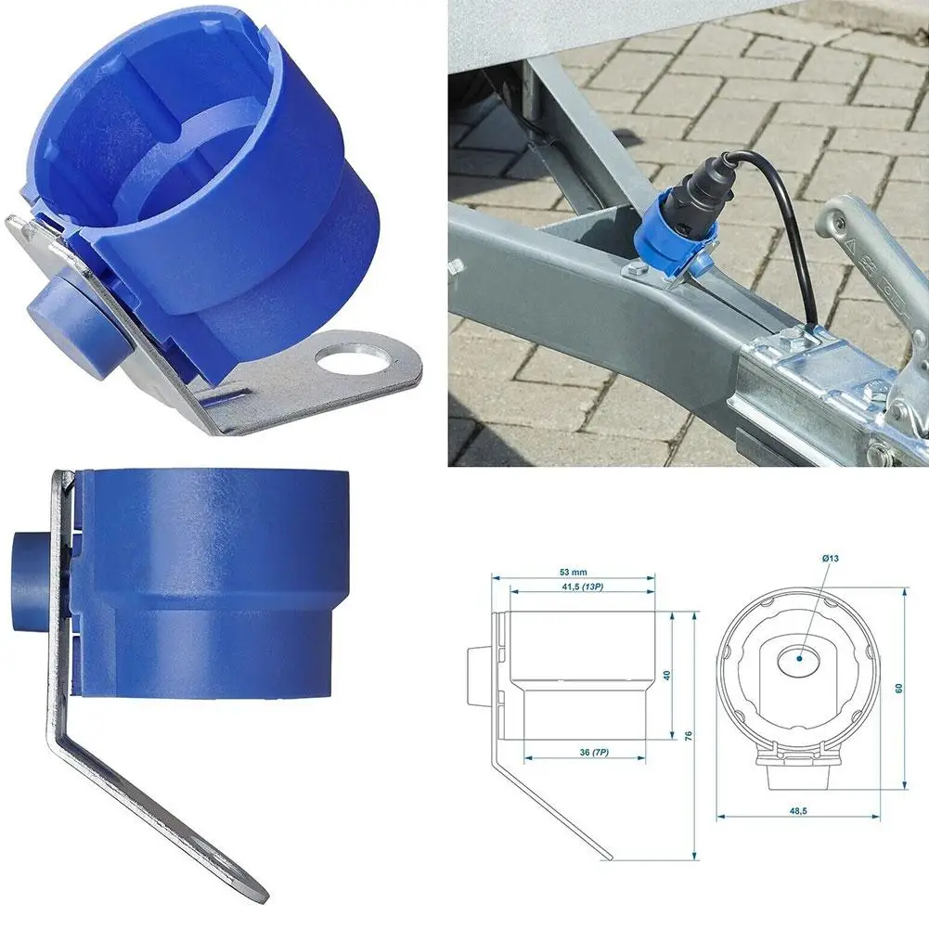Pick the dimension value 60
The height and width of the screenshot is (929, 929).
click(899, 690)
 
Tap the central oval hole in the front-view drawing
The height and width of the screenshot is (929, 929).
click(798, 661)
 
